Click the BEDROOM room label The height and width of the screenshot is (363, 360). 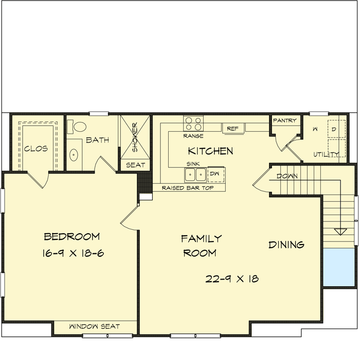point(71,237)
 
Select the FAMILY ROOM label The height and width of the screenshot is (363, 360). point(201,246)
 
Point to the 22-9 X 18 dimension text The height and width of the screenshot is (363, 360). point(232,279)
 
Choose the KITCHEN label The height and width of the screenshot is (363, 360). point(210,151)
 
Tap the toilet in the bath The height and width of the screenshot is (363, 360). point(79,127)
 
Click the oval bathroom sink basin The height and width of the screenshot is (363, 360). point(74,154)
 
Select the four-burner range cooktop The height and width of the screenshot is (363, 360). point(194,124)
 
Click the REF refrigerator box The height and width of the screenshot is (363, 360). point(232,128)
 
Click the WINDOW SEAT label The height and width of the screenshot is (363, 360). point(95,326)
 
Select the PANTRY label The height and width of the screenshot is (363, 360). point(284,120)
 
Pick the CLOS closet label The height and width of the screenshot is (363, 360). point(35,149)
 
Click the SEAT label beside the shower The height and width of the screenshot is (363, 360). point(135,165)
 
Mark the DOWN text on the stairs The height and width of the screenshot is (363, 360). point(287,176)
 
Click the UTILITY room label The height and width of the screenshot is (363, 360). point(327,154)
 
